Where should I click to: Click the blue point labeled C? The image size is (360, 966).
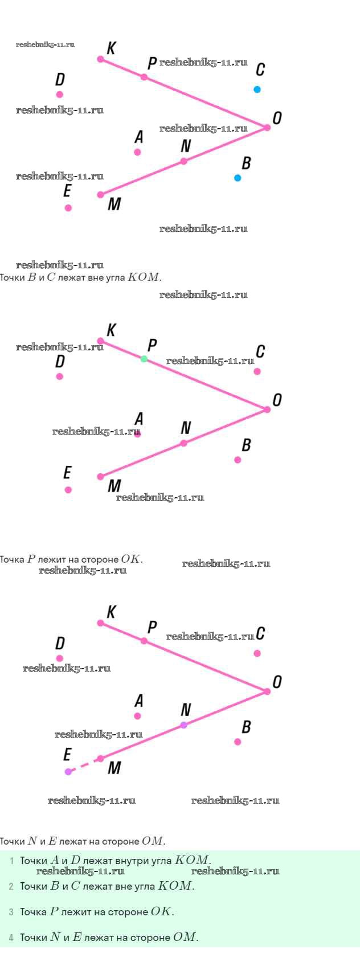pyautogui.click(x=257, y=89)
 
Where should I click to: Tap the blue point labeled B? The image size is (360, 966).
pyautogui.click(x=238, y=178)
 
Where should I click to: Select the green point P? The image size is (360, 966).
pyautogui.click(x=144, y=359)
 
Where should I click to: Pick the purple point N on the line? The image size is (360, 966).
pyautogui.click(x=183, y=725)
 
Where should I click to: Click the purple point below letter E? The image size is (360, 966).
pyautogui.click(x=68, y=772)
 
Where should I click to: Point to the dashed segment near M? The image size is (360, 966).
pyautogui.click(x=84, y=765)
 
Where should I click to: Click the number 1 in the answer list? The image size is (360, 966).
pyautogui.click(x=12, y=861)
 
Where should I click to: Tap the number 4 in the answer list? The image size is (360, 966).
pyautogui.click(x=11, y=937)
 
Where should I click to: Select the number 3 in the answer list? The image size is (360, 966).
pyautogui.click(x=11, y=912)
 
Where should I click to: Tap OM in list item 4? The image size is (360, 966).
pyautogui.click(x=184, y=937)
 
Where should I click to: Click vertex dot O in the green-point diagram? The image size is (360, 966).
pyautogui.click(x=267, y=410)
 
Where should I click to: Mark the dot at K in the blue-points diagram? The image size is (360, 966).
pyautogui.click(x=100, y=59)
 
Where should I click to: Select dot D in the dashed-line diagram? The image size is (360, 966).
pyautogui.click(x=59, y=658)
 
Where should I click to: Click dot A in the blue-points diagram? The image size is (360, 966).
pyautogui.click(x=137, y=152)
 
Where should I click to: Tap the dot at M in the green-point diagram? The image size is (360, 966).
pyautogui.click(x=100, y=477)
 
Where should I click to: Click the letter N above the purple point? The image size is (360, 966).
pyautogui.click(x=186, y=710)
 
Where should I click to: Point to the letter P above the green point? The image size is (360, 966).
pyautogui.click(x=152, y=345)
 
